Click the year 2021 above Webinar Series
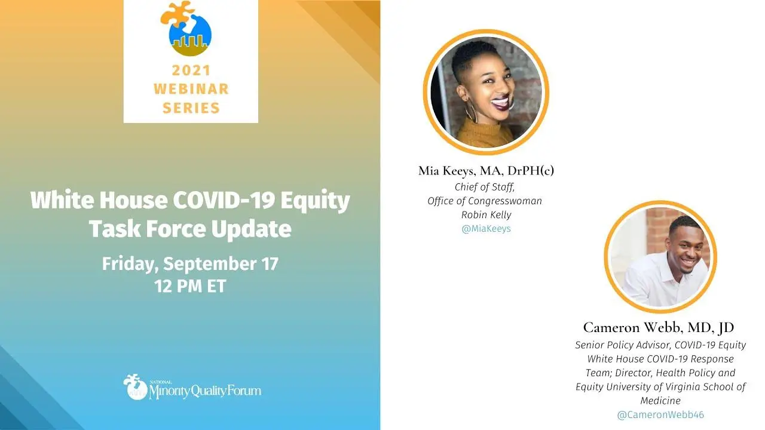[x=191, y=70]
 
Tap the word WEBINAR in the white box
[x=191, y=89]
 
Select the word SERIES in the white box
[x=191, y=108]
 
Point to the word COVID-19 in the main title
[x=224, y=199]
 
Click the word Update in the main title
[x=251, y=229]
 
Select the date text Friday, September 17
[x=190, y=264]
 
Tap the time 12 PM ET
[x=190, y=286]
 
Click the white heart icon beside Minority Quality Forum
[x=135, y=386]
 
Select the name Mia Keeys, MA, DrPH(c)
[x=486, y=171]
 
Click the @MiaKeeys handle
[x=486, y=229]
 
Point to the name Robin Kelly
[x=486, y=214]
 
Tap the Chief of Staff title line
[x=485, y=187]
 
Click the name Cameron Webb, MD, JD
[x=659, y=328]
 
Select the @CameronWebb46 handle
[x=660, y=414]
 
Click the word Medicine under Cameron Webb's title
[x=660, y=401]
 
